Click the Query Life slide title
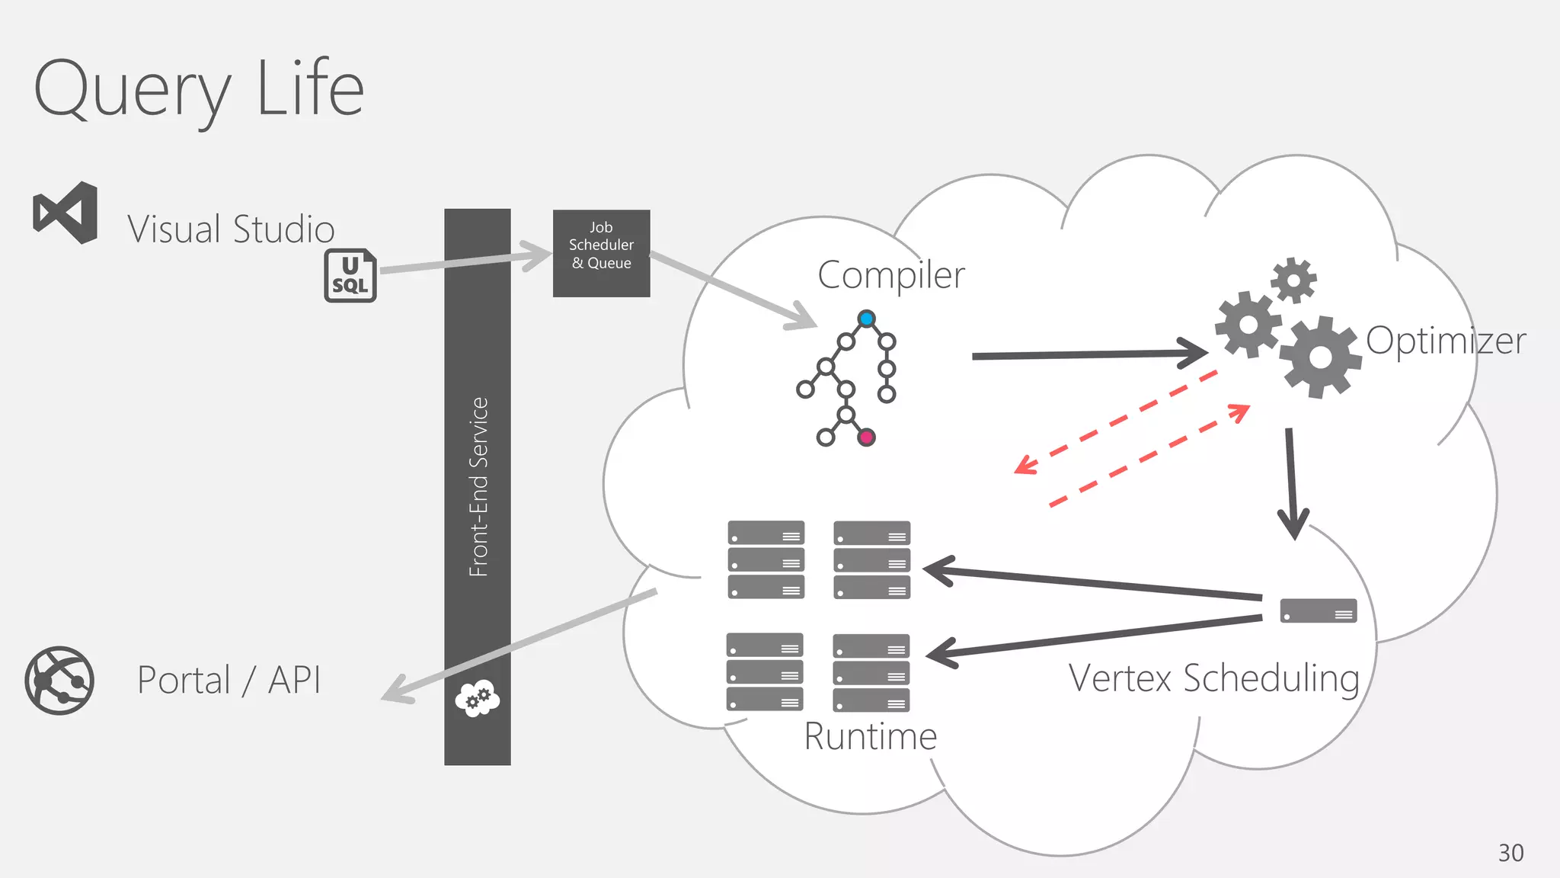point(199,89)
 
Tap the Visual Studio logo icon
point(66,213)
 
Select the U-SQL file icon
point(350,275)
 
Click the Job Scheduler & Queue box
point(601,253)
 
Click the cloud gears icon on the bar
point(478,697)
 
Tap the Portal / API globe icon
point(59,680)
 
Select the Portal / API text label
point(229,680)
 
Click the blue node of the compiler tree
point(866,319)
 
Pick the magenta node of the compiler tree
point(866,437)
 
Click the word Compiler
point(890,276)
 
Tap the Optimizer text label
point(1445,341)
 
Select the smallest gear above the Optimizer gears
point(1293,280)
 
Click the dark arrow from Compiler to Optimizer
point(1089,354)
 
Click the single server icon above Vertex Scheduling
point(1318,611)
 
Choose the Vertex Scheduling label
point(1213,678)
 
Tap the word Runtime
point(870,737)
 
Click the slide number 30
point(1510,853)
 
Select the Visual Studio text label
point(231,229)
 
